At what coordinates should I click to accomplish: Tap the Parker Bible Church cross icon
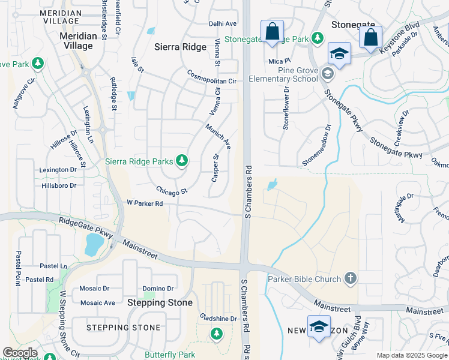click(351, 278)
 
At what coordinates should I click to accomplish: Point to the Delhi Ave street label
click(223, 24)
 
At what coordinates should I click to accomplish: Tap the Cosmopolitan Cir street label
click(212, 77)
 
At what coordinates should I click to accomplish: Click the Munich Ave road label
click(218, 136)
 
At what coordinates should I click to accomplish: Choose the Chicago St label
click(172, 191)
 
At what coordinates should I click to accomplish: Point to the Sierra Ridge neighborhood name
click(180, 46)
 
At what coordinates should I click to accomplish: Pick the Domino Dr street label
click(158, 289)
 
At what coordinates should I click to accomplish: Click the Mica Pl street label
click(280, 61)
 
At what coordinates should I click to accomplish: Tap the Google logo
click(20, 353)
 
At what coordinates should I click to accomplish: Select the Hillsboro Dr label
click(59, 186)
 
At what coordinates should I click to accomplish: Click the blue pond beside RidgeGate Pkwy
click(94, 244)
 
